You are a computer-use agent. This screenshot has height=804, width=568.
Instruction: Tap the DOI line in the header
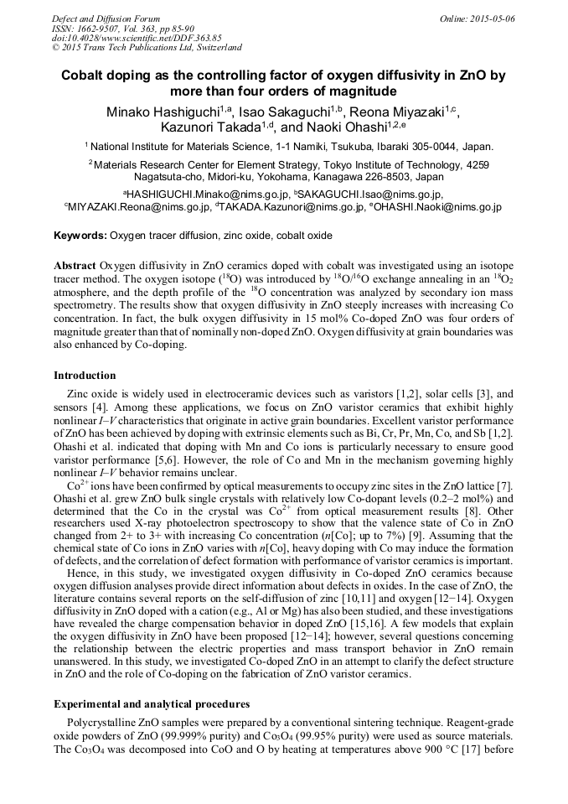point(137,38)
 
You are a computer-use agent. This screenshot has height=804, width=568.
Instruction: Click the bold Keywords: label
point(80,236)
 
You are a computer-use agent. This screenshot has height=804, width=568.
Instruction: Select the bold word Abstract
point(75,264)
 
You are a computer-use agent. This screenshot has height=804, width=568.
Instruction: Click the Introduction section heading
point(85,375)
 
